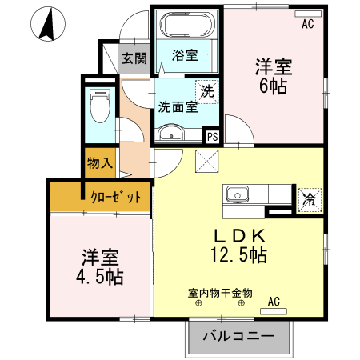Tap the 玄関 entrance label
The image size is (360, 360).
(x=134, y=58)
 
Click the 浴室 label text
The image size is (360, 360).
(x=185, y=55)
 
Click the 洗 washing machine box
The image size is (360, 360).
(x=207, y=91)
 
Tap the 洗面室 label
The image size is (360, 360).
(x=177, y=106)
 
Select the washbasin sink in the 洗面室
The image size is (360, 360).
(x=172, y=134)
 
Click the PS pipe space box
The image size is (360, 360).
(x=212, y=137)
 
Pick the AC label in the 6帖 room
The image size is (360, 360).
(x=308, y=25)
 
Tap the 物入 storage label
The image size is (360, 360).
(x=99, y=163)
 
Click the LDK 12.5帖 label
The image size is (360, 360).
(x=238, y=246)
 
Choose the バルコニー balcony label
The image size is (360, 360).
(x=238, y=337)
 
